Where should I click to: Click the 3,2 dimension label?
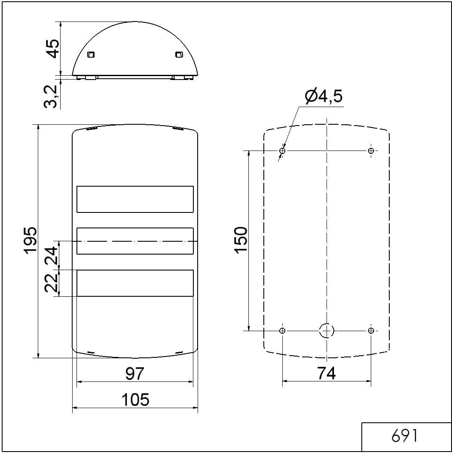pos(51,96)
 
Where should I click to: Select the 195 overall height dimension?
pos(30,241)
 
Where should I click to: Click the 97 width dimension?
pos(135,374)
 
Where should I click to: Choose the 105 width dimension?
pos(135,400)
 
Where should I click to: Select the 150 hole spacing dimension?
pos(241,240)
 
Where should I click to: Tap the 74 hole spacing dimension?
pos(327,373)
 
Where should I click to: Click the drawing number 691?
pos(404,437)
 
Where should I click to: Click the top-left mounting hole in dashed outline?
pos(282,151)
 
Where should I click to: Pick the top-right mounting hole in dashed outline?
pos(371,151)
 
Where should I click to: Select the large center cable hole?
pos(327,330)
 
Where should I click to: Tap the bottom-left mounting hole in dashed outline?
pos(282,330)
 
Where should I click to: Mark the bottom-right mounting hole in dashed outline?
pos(371,330)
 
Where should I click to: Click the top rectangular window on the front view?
pos(135,199)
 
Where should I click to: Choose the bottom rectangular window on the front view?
pos(135,283)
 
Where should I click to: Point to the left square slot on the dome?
pos(91,55)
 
